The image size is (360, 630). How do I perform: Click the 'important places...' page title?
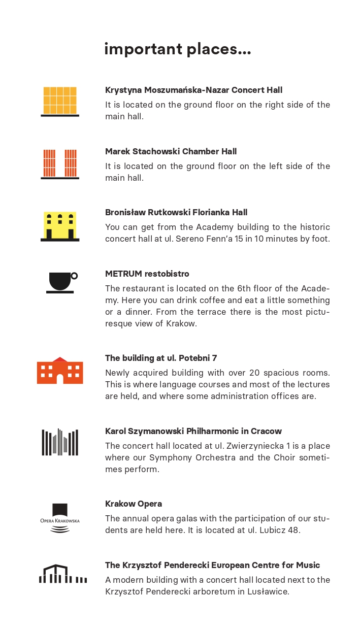tap(177, 49)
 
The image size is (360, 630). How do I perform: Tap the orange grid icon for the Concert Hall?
tap(60, 101)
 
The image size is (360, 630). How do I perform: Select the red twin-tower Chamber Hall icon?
tap(60, 163)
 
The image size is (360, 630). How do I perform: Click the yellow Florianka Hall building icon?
tap(60, 226)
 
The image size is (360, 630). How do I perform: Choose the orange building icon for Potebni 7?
tap(60, 371)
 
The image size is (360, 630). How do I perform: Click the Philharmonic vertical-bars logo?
tap(60, 442)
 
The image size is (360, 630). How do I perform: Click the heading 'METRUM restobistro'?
tap(147, 274)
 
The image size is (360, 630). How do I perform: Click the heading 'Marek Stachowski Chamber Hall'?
tap(171, 151)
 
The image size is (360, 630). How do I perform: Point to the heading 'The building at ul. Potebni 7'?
tap(161, 358)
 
